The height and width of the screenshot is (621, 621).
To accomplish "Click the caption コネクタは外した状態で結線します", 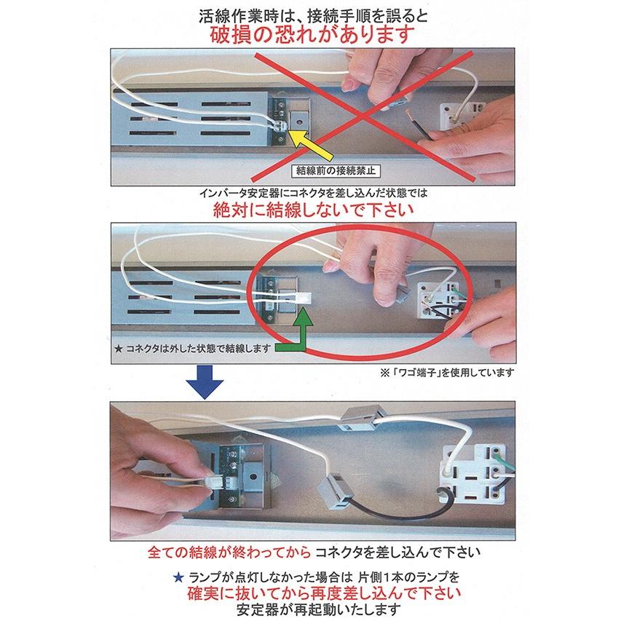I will pyautogui.click(x=193, y=349).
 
